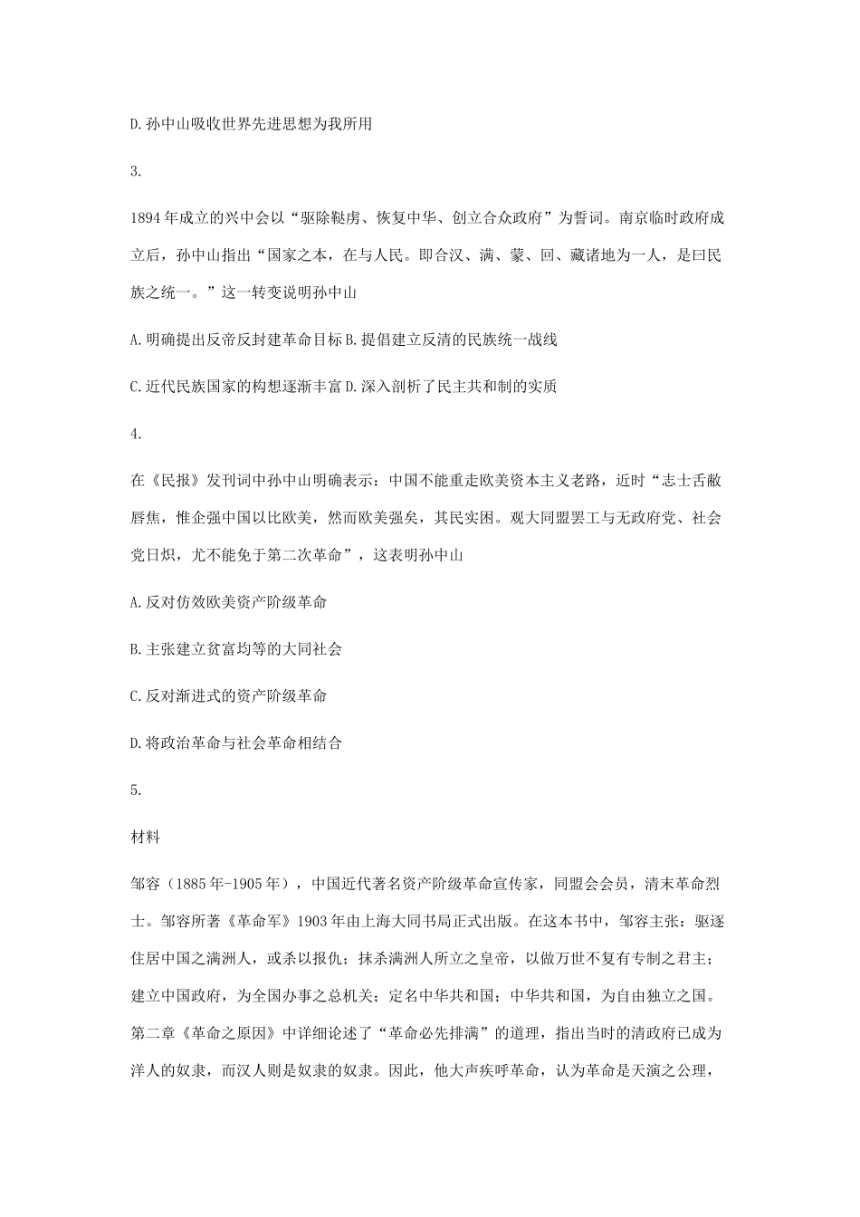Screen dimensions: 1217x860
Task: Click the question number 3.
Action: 136,171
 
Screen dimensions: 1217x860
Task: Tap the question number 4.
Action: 136,434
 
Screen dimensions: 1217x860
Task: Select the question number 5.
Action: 136,790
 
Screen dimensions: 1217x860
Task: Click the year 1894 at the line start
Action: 146,218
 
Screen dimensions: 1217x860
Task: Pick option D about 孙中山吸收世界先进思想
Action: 252,124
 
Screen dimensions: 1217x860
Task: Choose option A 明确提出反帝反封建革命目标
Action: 236,340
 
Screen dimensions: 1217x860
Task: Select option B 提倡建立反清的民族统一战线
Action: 452,340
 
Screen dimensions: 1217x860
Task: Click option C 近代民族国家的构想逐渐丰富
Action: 236,387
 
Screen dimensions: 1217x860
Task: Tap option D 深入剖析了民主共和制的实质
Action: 452,387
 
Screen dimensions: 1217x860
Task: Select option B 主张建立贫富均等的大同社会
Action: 236,648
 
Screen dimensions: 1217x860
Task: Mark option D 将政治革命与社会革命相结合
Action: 236,743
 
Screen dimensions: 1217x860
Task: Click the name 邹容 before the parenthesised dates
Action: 146,884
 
